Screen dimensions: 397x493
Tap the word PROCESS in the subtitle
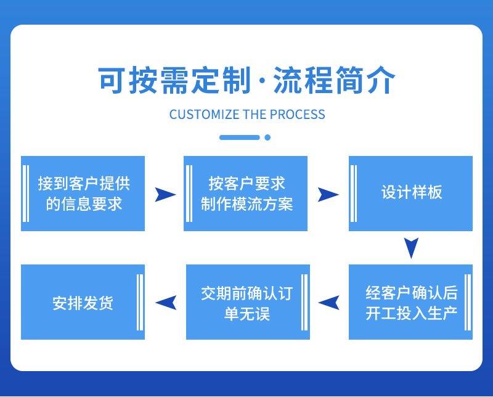coord(298,115)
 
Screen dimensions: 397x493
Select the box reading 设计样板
coord(411,193)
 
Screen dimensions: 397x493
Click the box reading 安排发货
coord(83,302)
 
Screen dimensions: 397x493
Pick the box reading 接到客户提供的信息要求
coord(83,194)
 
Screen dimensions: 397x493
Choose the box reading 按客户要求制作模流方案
coord(246,194)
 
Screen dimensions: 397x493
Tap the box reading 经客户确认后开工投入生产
coord(411,302)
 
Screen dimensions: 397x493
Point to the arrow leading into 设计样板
coord(328,195)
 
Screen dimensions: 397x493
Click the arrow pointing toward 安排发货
coord(166,302)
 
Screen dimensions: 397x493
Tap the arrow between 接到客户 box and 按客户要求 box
coord(165,195)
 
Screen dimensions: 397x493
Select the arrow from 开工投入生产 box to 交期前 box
coord(328,302)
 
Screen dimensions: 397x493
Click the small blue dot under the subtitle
coord(267,137)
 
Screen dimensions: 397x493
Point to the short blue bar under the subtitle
coord(240,137)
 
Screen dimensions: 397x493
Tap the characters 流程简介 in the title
coord(333,81)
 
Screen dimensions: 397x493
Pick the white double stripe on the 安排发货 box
coord(139,302)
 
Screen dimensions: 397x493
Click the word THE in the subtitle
coord(255,115)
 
